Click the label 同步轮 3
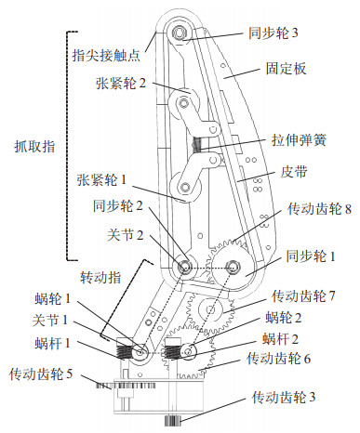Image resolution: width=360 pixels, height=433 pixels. tap(273, 33)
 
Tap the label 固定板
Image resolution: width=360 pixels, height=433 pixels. tap(286, 69)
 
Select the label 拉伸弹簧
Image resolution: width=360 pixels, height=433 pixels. tap(299, 140)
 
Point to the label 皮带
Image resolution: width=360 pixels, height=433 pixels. tap(294, 172)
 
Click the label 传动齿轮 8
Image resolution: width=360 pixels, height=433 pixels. tap(319, 209)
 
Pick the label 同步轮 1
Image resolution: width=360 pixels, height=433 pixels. tap(311, 256)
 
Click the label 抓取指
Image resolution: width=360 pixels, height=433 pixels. tap(34, 146)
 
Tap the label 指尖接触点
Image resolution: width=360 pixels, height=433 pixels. tap(106, 56)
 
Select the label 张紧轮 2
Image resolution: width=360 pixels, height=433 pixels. tap(121, 84)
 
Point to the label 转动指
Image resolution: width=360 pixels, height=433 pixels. tap(100, 277)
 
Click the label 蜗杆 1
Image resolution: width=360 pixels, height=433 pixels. tap(52, 343)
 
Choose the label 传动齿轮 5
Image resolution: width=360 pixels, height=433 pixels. tap(41, 374)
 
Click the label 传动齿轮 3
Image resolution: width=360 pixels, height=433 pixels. tap(284, 397)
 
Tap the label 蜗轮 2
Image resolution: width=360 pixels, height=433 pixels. tap(284, 318)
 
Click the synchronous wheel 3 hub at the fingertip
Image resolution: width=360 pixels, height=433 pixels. tap(179, 33)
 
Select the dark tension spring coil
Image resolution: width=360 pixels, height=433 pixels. tap(197, 145)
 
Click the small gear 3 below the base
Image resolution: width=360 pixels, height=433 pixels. tap(172, 420)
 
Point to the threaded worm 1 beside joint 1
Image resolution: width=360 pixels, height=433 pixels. tap(125, 351)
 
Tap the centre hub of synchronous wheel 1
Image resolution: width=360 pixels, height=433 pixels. tap(232, 267)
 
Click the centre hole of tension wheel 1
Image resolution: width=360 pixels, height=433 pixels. tap(185, 188)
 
